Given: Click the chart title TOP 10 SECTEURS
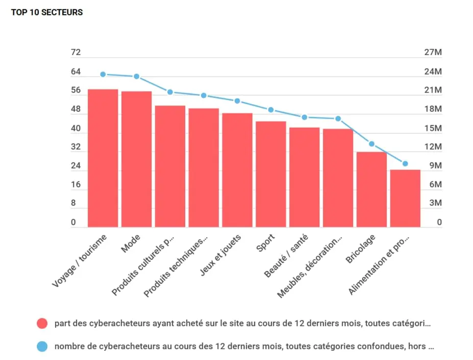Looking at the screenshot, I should (47, 12).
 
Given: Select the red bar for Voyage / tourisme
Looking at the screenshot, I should (103, 158).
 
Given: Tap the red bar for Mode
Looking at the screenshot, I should (136, 159).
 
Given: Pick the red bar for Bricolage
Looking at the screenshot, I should (371, 189).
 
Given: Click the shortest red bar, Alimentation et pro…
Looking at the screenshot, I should (405, 198).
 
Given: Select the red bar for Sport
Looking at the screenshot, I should (271, 174).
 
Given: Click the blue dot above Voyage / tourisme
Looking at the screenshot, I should (103, 74).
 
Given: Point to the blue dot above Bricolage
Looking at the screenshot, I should (371, 144).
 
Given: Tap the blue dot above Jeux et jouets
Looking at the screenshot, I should (237, 101).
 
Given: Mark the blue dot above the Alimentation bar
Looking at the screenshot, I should (405, 163).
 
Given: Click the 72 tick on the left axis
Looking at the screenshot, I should (76, 53).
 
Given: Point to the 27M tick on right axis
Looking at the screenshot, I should (433, 53).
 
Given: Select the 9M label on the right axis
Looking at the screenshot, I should (435, 166).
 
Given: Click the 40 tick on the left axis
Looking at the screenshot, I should (76, 129).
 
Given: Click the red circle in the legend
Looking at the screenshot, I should (42, 323).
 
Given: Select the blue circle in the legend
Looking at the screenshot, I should (42, 346).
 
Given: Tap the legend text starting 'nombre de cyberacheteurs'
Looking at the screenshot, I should (244, 346).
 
